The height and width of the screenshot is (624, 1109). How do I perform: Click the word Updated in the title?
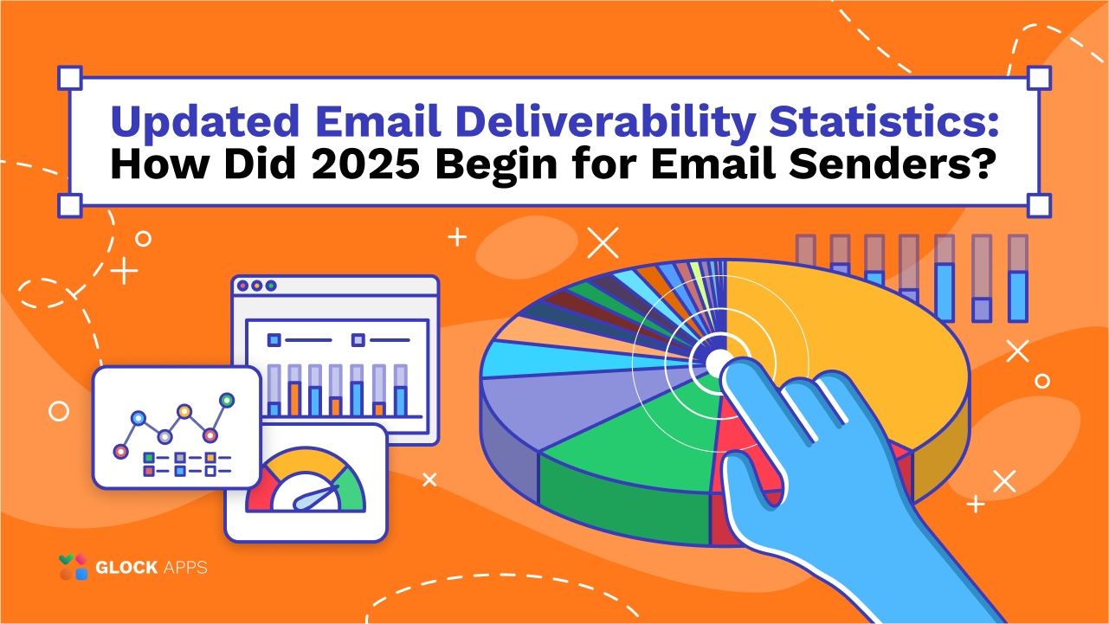coord(205,121)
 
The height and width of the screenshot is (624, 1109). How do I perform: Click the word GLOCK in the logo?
coord(126,567)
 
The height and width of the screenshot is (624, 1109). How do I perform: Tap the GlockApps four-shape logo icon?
coord(74,567)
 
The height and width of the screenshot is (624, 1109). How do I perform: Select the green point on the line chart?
coord(227,400)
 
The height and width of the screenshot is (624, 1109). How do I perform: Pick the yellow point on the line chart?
coord(184,411)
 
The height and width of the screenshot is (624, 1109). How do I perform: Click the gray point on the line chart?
coord(164,437)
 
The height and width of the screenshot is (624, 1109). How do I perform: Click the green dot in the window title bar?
coord(271,286)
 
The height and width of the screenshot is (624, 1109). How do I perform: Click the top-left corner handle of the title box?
coord(70,78)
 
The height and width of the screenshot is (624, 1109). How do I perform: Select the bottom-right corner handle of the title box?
coord(1039,206)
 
